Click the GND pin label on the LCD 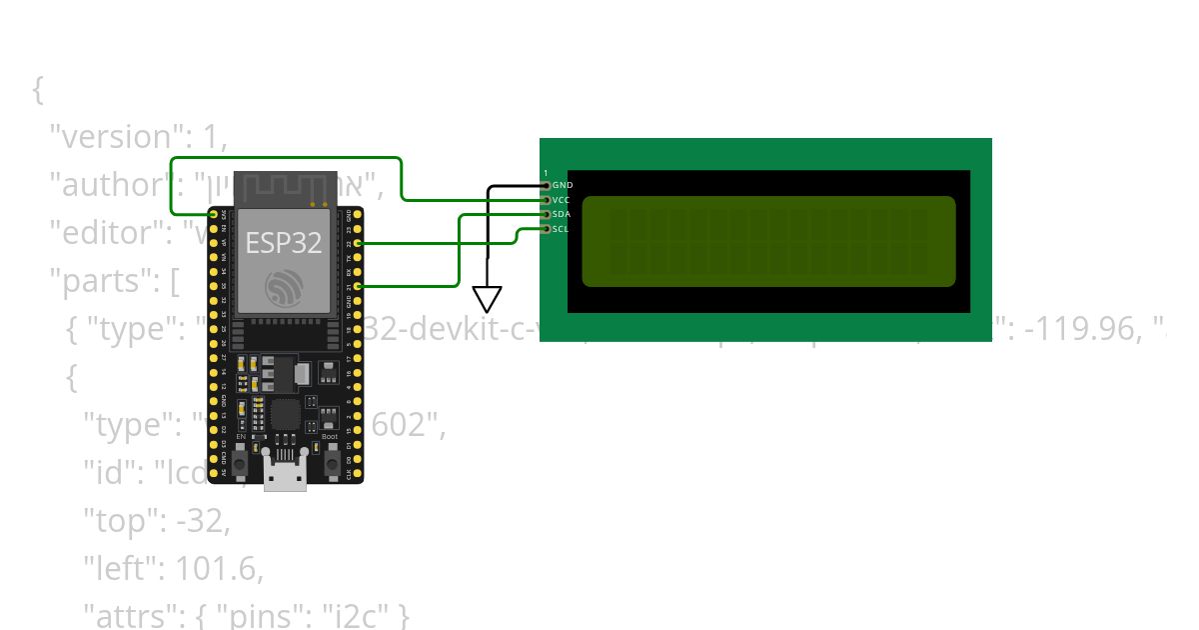[563, 185]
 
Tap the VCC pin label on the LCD [562, 200]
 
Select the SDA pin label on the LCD [562, 214]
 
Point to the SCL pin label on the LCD [561, 229]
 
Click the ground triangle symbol [487, 298]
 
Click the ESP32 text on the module [285, 243]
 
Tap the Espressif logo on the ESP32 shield [285, 287]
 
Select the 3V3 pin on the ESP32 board [213, 215]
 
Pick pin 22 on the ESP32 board [358, 243]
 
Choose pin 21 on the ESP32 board [358, 286]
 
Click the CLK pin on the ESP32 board [358, 473]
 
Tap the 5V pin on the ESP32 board [213, 473]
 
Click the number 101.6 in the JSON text [216, 569]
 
